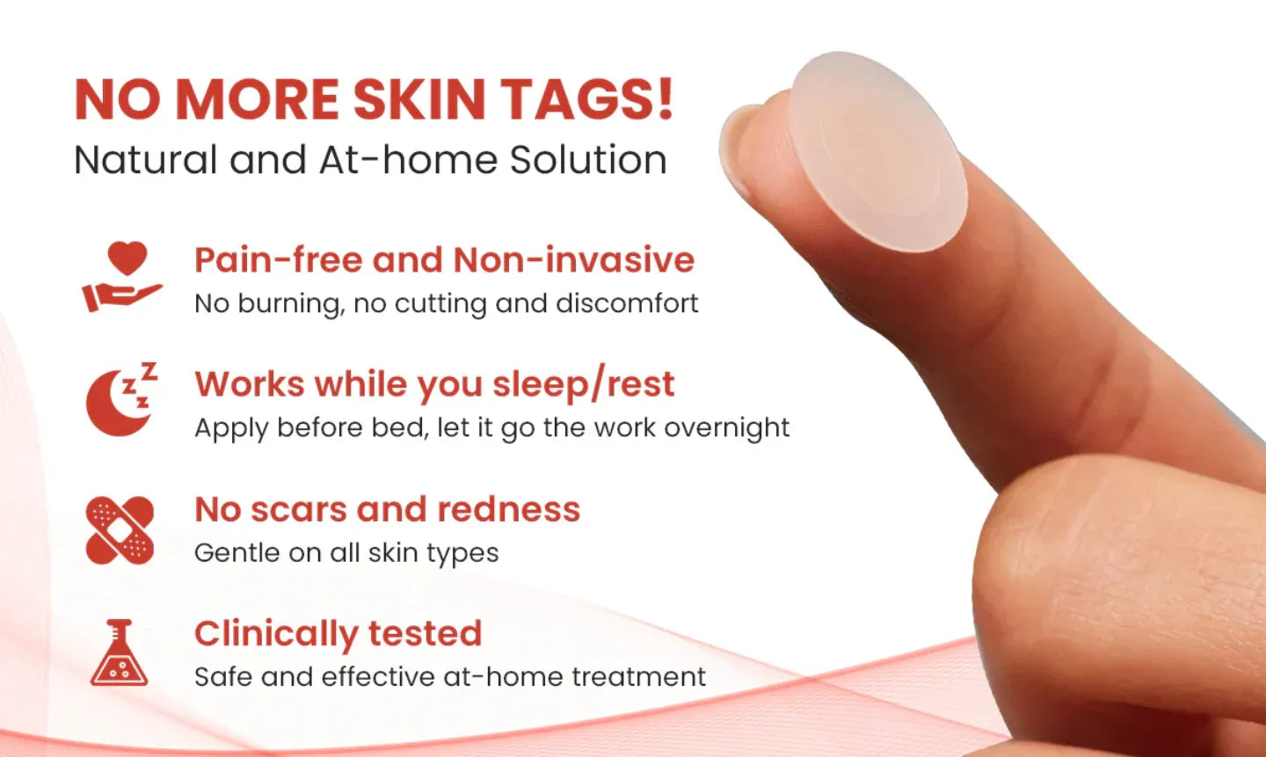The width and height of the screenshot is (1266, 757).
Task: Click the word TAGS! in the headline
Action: pyautogui.click(x=586, y=98)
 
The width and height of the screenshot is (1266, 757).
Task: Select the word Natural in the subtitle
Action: pyautogui.click(x=145, y=160)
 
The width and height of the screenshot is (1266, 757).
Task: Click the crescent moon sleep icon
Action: pyautogui.click(x=121, y=400)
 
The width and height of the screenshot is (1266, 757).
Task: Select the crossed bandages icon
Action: pyautogui.click(x=120, y=530)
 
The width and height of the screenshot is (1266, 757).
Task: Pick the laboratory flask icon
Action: pyautogui.click(x=119, y=653)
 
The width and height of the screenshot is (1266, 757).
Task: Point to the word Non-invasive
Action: pyautogui.click(x=573, y=260)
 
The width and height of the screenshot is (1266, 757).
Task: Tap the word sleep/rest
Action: pyautogui.click(x=583, y=385)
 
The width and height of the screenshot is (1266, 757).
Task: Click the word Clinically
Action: pyautogui.click(x=275, y=634)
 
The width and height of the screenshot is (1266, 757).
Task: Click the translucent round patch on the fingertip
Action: pyautogui.click(x=877, y=151)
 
